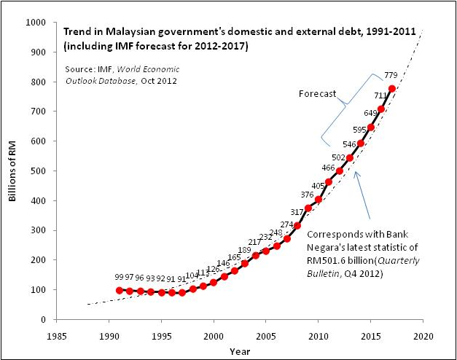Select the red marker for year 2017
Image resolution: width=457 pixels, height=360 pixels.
point(392,89)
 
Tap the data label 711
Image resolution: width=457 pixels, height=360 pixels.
point(380,95)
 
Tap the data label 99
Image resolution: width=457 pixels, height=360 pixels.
point(119,278)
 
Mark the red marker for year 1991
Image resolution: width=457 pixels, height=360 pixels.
point(120,290)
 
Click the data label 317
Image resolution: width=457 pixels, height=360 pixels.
point(296,212)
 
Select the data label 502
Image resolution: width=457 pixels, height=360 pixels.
point(338,157)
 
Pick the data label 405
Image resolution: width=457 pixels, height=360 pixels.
point(318,185)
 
